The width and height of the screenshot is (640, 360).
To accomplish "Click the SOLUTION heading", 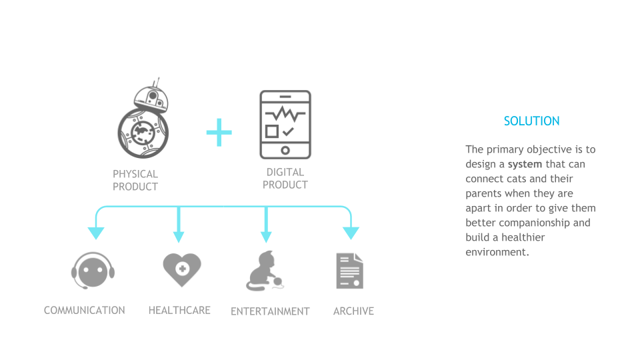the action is coord(531,121).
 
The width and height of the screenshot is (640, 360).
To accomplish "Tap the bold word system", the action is coord(525,164).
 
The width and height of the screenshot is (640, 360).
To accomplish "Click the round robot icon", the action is coord(143,123).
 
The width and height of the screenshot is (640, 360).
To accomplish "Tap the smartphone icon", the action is coord(285,124).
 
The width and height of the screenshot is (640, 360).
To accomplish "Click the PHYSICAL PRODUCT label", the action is coord(135,181).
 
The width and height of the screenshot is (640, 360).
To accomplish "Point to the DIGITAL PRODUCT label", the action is coord(285,179).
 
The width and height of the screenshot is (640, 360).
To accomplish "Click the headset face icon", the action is coord(93,270).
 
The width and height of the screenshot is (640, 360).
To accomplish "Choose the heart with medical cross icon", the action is coord(181,269).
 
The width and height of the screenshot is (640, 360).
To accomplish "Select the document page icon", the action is coord(349,271).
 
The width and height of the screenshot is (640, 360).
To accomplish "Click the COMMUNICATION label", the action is coord(85,310).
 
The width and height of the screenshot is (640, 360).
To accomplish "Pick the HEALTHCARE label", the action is coord(179,310).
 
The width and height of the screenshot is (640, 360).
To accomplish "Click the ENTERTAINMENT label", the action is coord(270,311).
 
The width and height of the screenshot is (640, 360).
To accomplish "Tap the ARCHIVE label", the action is coord(353,311).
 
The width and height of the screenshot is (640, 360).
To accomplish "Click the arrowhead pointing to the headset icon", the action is coord(96,233).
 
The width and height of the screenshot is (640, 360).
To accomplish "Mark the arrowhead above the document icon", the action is coord(351,233).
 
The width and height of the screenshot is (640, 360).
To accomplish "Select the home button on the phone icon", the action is coord(285,149).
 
